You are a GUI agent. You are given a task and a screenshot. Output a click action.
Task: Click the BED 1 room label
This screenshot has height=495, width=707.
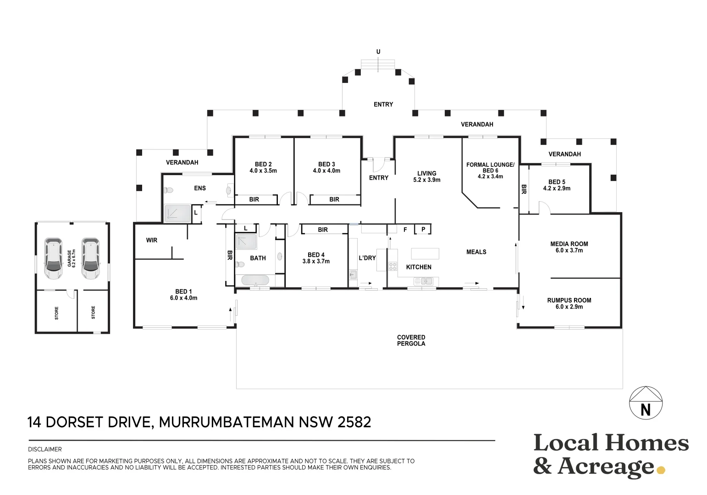(x=183, y=295)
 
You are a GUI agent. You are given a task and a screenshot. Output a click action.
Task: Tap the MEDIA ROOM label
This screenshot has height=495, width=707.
(x=569, y=247)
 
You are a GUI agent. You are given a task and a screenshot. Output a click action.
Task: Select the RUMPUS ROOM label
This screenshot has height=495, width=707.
(x=569, y=303)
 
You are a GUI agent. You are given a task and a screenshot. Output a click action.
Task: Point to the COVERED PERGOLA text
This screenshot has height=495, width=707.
(x=411, y=341)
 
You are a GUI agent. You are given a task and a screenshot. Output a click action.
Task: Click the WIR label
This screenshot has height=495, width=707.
(x=151, y=241)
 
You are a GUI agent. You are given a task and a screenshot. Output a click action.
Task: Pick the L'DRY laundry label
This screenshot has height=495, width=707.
(x=367, y=258)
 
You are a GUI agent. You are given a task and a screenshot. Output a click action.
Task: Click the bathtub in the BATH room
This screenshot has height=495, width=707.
(x=255, y=280)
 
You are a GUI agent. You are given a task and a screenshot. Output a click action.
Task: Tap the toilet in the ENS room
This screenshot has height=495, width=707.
(x=168, y=190)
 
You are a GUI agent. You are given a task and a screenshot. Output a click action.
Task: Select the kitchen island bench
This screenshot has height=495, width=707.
(x=425, y=253)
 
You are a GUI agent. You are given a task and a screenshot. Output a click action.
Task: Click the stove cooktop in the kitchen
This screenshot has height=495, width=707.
(x=392, y=266)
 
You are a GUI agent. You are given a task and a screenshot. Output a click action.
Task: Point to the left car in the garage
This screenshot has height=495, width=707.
(x=53, y=258)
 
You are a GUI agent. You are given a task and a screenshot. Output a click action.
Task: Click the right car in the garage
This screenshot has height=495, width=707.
(x=91, y=258)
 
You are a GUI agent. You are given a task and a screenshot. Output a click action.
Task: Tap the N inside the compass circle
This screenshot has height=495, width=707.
(x=646, y=410)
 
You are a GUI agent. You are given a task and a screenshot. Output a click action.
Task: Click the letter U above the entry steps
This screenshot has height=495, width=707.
(x=378, y=51)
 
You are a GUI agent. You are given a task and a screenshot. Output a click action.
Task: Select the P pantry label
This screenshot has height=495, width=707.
(x=423, y=229)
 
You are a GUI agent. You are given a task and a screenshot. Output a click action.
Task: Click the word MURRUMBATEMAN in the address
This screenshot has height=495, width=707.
(x=226, y=423)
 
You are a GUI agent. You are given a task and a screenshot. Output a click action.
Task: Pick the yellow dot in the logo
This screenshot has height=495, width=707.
(x=661, y=470)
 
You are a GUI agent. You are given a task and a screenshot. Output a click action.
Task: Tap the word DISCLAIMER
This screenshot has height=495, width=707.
(x=45, y=449)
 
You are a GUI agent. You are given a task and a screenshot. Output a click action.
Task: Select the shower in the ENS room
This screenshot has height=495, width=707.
(x=178, y=213)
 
